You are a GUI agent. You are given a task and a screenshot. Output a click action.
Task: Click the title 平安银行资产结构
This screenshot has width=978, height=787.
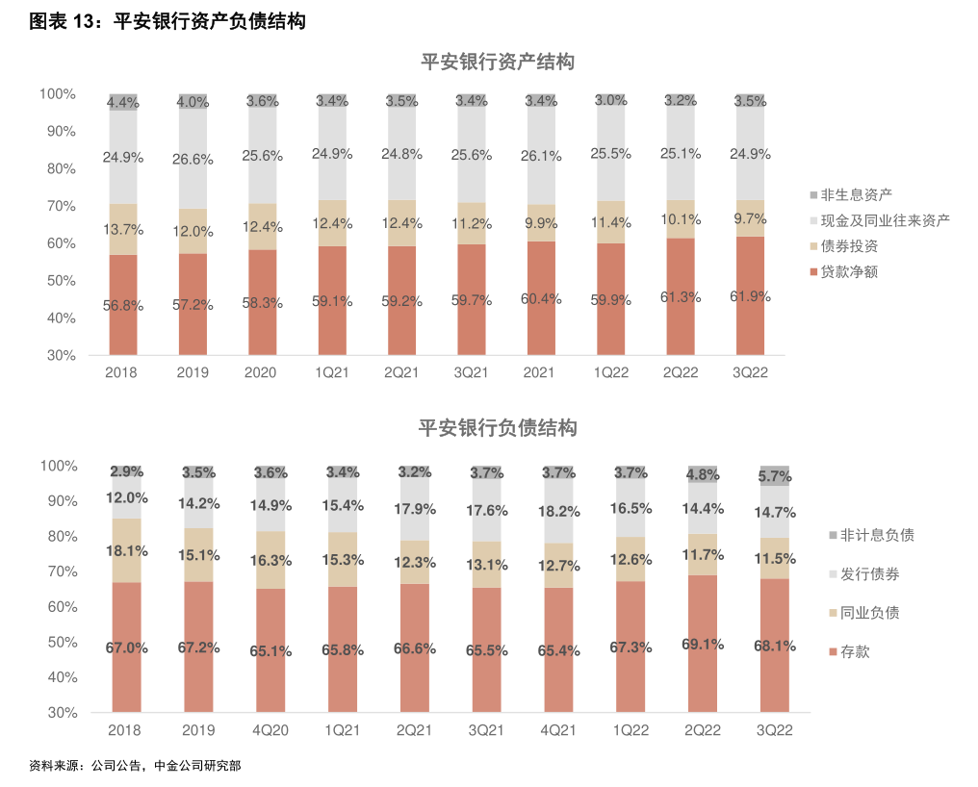(498, 63)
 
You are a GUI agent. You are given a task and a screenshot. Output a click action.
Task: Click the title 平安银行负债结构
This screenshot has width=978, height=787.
(498, 428)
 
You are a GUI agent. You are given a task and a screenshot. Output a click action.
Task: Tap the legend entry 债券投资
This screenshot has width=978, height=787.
(849, 246)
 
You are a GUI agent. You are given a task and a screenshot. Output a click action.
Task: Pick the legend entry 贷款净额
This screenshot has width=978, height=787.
(849, 272)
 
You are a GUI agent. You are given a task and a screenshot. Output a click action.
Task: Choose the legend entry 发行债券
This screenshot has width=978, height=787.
(869, 574)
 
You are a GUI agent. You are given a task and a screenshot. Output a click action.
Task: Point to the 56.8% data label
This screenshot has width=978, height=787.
(124, 306)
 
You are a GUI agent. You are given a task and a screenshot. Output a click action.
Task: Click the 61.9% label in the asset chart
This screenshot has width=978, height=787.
(751, 297)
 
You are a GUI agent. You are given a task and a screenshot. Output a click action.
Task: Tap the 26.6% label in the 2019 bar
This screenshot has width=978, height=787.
(193, 160)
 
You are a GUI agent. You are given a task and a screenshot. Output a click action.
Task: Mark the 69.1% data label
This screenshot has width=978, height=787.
(703, 644)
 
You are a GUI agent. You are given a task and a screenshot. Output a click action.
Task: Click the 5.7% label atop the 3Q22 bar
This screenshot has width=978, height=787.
(775, 475)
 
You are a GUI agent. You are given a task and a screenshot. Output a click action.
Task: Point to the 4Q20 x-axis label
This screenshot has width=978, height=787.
(270, 731)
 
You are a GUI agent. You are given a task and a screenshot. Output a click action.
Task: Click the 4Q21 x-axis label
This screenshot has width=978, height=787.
(558, 731)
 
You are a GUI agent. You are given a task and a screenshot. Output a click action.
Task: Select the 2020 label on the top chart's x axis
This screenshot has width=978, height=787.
(262, 373)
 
